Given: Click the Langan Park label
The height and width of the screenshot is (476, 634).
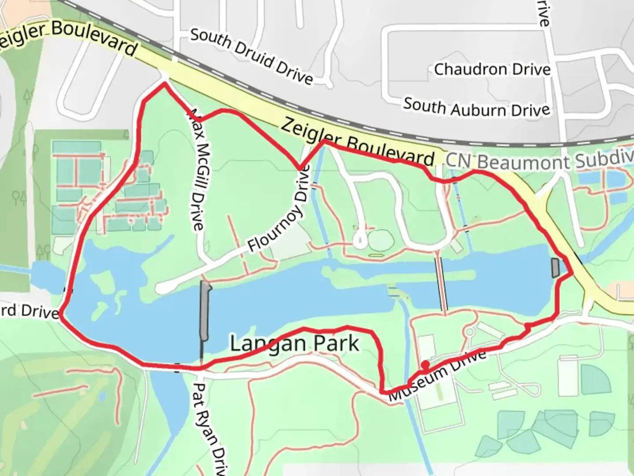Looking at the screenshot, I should (x=295, y=343).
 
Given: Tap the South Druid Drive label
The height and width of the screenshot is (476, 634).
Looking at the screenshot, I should (x=251, y=56).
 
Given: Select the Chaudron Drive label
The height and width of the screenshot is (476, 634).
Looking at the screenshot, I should (x=492, y=69).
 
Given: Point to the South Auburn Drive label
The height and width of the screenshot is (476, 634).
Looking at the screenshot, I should (x=477, y=107).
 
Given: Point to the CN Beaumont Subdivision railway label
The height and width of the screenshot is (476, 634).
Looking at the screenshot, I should (x=539, y=160).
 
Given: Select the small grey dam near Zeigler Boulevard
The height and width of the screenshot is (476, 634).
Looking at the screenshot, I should (x=555, y=268).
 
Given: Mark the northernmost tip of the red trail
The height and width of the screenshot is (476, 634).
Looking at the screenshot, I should (x=165, y=83).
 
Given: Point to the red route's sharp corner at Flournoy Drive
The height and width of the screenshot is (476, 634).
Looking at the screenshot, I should (x=301, y=168).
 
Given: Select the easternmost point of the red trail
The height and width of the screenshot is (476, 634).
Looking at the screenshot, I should (x=572, y=273).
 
